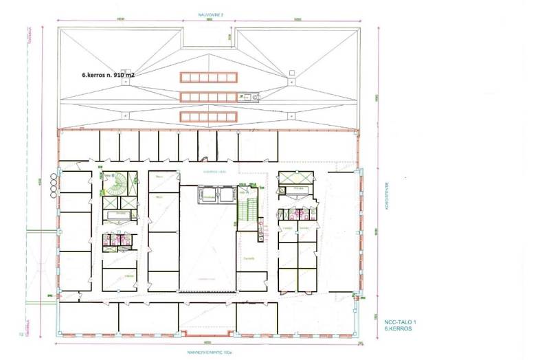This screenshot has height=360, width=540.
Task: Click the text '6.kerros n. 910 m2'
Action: point(112,77)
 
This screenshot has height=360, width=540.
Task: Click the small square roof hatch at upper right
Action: point(292,72)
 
